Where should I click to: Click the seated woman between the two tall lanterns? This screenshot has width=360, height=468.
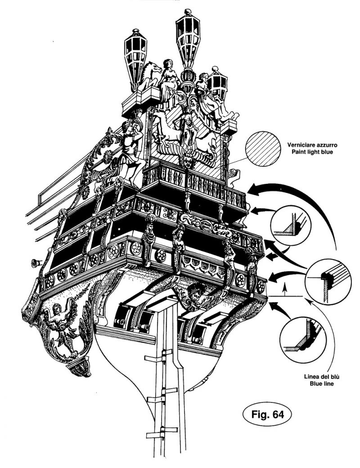tap(168, 79)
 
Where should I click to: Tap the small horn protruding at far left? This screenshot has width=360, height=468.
tap(35, 262)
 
